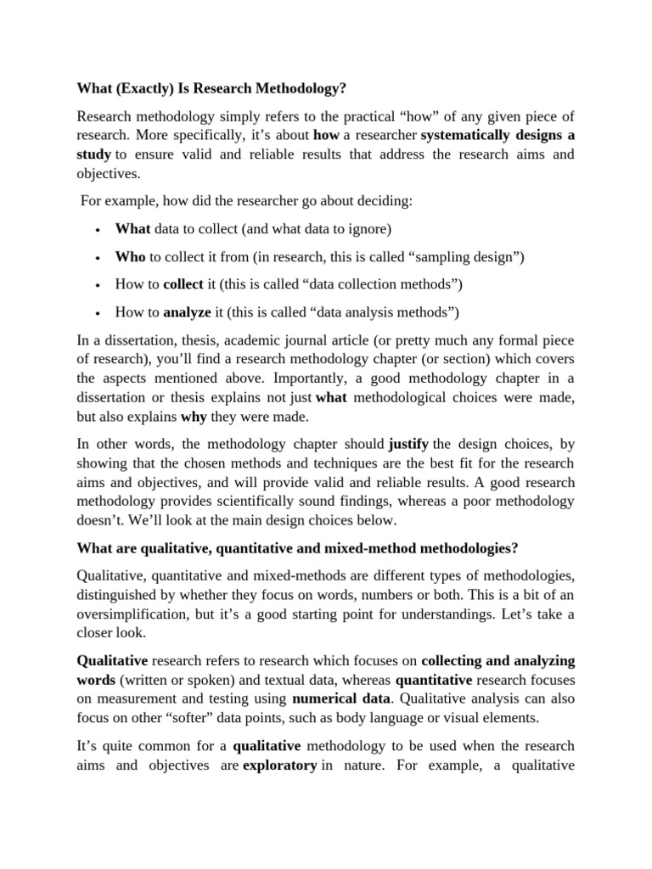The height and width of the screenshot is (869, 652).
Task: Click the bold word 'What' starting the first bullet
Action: pos(132,229)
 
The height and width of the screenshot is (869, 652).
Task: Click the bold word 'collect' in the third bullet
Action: pos(183,283)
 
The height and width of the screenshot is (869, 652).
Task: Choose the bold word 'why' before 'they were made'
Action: pos(194,417)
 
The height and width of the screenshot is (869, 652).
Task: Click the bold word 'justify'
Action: pos(408,445)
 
